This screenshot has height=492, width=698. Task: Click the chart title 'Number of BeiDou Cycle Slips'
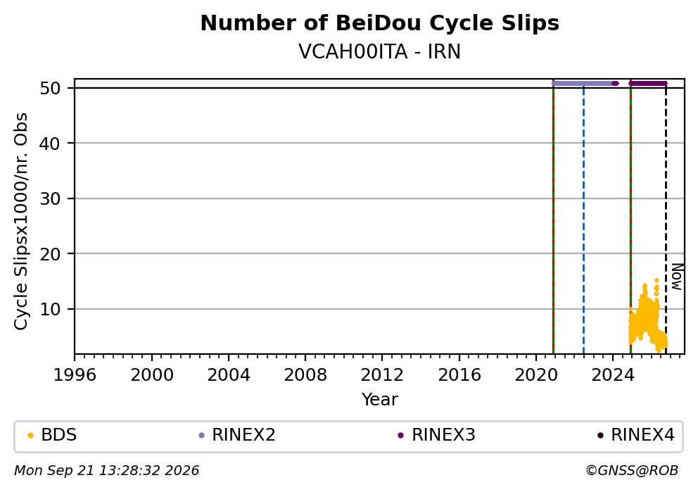(x=380, y=23)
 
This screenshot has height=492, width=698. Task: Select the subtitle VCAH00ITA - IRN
(x=380, y=51)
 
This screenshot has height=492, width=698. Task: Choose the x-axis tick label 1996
(x=75, y=375)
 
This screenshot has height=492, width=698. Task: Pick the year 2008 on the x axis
(x=305, y=375)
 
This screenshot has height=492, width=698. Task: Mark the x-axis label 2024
(x=613, y=375)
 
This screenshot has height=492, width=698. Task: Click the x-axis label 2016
(x=459, y=375)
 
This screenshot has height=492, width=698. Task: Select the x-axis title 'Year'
(x=380, y=399)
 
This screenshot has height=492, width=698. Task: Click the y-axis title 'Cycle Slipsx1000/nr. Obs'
(x=21, y=221)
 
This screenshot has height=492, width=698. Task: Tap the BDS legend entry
(x=52, y=435)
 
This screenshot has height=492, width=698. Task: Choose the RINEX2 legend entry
(x=237, y=435)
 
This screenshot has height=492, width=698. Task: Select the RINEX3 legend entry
(x=437, y=435)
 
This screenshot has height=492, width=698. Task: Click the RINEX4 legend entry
(x=636, y=435)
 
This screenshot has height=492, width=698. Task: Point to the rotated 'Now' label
(x=677, y=277)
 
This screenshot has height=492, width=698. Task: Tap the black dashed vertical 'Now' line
(x=666, y=219)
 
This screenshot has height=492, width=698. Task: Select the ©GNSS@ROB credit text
(x=632, y=471)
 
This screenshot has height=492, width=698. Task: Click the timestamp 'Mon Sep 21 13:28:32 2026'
(x=107, y=471)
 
